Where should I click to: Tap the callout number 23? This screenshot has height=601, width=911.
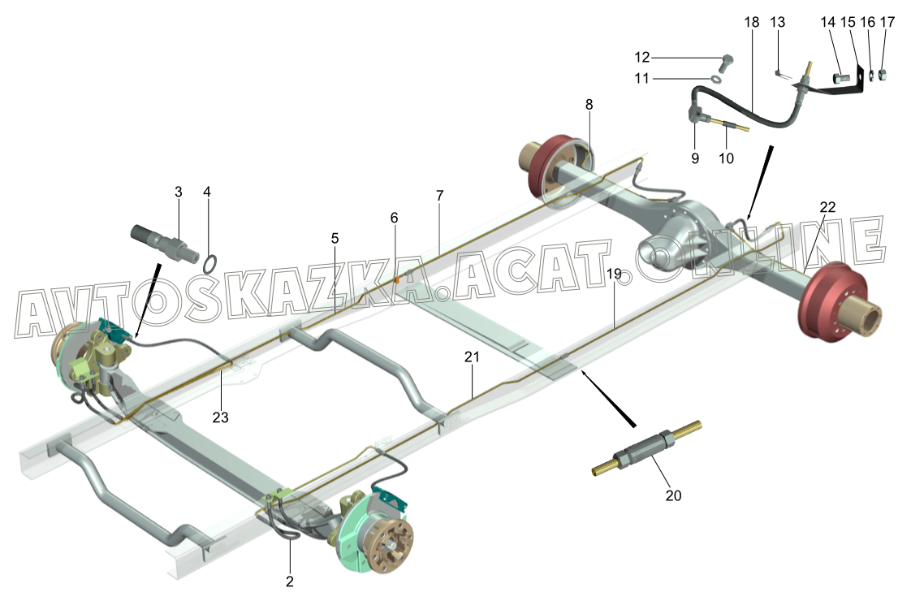click(220, 417)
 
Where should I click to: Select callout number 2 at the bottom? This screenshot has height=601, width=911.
click(289, 582)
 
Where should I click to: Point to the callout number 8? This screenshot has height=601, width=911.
click(589, 104)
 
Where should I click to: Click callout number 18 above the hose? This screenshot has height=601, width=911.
click(751, 23)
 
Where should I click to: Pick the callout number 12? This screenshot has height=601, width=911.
click(642, 57)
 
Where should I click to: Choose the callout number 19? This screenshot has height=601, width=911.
click(615, 275)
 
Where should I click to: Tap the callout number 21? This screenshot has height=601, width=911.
click(472, 357)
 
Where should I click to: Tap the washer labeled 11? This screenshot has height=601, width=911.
click(716, 80)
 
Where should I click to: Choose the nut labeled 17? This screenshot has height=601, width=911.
click(886, 76)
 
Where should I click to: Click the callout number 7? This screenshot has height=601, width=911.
click(439, 196)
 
